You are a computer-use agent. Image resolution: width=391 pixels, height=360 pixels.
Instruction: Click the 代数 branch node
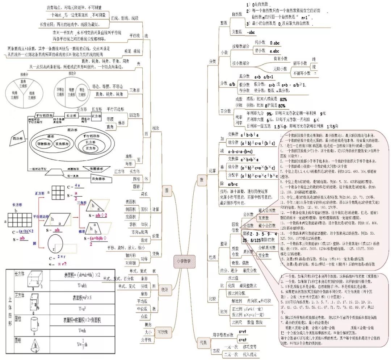pyautogui.click(x=203, y=342)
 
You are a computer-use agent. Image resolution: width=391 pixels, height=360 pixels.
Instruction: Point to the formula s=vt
pyautogui.click(x=242, y=331)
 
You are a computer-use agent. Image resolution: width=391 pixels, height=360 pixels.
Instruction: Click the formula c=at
pyautogui.click(x=242, y=340)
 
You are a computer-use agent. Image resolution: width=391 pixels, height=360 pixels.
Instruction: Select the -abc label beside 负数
pyautogui.click(x=251, y=32)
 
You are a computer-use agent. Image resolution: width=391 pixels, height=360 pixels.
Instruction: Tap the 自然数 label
pyautogui.click(x=236, y=14)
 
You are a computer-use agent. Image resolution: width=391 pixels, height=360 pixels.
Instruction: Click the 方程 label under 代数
pyautogui.click(x=216, y=351)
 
